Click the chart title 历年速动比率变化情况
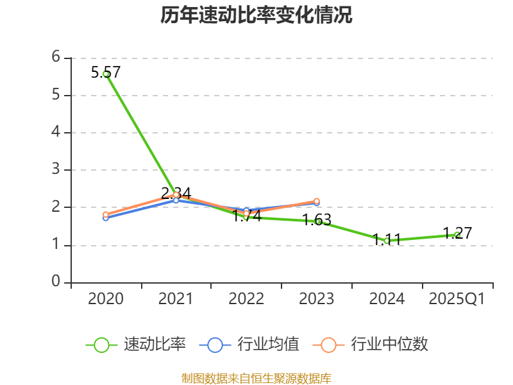click(x=256, y=15)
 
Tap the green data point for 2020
click(x=106, y=74)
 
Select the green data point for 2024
click(x=387, y=241)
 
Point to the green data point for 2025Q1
click(x=457, y=234)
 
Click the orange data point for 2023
click(x=317, y=201)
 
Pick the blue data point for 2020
click(x=106, y=218)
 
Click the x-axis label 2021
click(x=176, y=299)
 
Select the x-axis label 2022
click(x=246, y=299)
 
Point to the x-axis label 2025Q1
click(x=457, y=299)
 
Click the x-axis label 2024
click(x=387, y=299)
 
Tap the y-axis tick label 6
click(x=56, y=57)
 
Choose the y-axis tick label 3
click(x=56, y=169)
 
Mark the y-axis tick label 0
click(x=56, y=282)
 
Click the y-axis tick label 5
click(x=56, y=95)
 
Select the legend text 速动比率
click(x=155, y=345)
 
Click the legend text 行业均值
click(x=268, y=345)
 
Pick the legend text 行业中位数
click(x=389, y=345)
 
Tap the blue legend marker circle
click(x=215, y=345)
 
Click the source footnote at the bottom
click(x=256, y=378)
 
